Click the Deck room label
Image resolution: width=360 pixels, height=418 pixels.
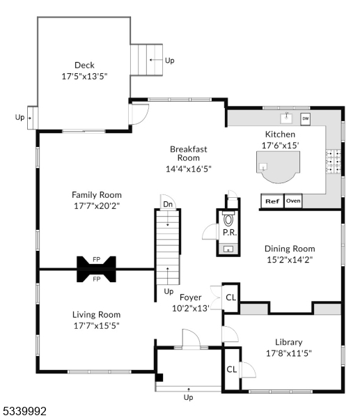click(x=84, y=65)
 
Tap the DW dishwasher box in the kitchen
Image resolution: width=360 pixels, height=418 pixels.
click(x=306, y=119)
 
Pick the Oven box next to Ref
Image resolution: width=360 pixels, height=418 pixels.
click(x=293, y=201)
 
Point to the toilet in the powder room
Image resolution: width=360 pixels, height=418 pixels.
click(x=228, y=219)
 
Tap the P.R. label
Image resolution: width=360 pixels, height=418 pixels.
click(x=229, y=234)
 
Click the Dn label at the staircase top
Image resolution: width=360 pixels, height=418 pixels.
click(x=168, y=204)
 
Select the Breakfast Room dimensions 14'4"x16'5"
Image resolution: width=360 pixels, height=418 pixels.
click(x=189, y=168)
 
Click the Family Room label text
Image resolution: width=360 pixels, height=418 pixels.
click(x=97, y=195)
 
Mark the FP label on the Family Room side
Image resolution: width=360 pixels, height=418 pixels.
click(x=96, y=260)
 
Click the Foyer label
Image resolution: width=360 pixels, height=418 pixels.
click(x=191, y=297)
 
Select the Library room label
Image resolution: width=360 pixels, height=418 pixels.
click(x=288, y=342)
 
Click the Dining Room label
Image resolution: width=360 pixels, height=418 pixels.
click(x=290, y=249)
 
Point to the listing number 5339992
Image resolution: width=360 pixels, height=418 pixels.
click(x=24, y=412)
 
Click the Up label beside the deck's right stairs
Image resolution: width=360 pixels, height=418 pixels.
click(x=170, y=61)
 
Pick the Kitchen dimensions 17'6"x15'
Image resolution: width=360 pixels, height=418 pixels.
click(x=280, y=145)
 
